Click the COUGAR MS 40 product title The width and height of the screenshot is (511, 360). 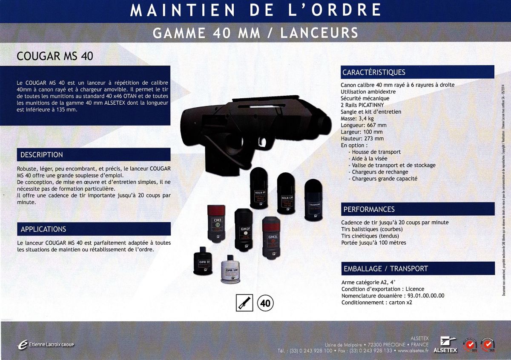point(54,56)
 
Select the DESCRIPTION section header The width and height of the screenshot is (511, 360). point(41,154)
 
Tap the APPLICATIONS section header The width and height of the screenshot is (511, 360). point(43,229)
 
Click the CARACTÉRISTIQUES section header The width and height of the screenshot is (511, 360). point(373,72)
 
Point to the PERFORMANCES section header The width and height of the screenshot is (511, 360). point(369,209)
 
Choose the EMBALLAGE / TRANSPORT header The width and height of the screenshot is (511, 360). point(385,269)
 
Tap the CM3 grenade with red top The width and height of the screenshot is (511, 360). point(216,224)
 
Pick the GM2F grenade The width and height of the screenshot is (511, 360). point(244,230)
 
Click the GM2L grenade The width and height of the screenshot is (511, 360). point(272,236)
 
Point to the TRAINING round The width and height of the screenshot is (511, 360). point(314,200)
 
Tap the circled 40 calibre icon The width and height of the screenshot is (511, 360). point(265,303)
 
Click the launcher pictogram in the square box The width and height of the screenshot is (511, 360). point(244,303)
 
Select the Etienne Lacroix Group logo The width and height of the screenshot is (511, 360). point(45,344)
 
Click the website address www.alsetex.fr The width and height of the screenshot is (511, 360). point(413,351)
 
